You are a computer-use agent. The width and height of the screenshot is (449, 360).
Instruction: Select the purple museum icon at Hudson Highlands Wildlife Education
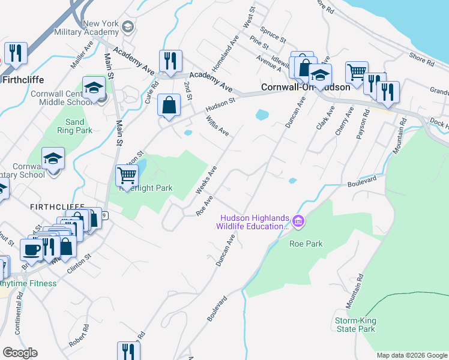[299, 223]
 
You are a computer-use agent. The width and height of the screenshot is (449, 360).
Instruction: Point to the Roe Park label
[306, 244]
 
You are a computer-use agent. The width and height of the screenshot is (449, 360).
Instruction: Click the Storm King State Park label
[355, 325]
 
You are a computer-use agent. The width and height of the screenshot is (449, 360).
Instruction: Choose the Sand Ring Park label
[75, 126]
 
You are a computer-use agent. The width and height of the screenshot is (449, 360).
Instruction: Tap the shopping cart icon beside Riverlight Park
[127, 175]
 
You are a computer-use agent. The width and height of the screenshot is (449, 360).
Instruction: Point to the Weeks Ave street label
[205, 181]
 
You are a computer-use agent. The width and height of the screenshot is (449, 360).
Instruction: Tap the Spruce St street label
[273, 34]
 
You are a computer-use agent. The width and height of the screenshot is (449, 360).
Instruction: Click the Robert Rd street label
[79, 337]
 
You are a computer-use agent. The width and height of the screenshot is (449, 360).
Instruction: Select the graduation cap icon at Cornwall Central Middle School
[94, 88]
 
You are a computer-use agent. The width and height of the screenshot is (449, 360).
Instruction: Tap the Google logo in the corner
[20, 353]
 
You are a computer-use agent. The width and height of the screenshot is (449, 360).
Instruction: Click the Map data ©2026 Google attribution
[411, 355]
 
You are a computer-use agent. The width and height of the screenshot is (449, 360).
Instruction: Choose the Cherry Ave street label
[341, 121]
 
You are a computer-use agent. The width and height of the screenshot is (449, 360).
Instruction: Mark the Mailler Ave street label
[82, 52]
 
